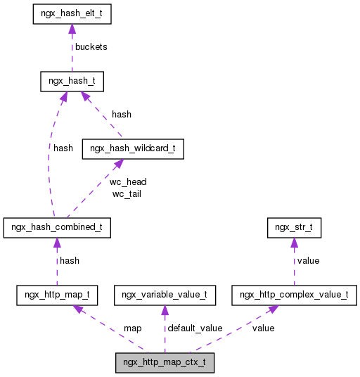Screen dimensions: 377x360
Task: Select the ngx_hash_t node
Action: click(x=72, y=82)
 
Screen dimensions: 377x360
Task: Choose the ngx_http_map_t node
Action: click(x=57, y=295)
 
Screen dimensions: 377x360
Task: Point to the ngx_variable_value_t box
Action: click(x=165, y=295)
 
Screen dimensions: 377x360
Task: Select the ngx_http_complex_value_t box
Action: click(x=294, y=295)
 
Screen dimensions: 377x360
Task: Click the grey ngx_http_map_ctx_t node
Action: click(x=165, y=364)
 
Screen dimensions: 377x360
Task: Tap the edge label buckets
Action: click(x=91, y=47)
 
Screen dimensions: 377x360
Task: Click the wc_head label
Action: click(x=128, y=181)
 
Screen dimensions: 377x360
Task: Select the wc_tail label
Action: click(x=126, y=193)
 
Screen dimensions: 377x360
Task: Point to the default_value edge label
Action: click(x=194, y=328)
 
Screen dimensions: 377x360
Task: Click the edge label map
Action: click(x=132, y=328)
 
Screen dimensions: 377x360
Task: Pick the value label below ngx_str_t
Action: click(x=308, y=260)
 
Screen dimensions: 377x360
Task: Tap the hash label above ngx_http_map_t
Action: click(x=69, y=260)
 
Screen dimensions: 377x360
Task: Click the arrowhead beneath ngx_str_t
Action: click(x=294, y=243)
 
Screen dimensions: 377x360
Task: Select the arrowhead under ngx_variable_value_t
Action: click(x=165, y=311)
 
